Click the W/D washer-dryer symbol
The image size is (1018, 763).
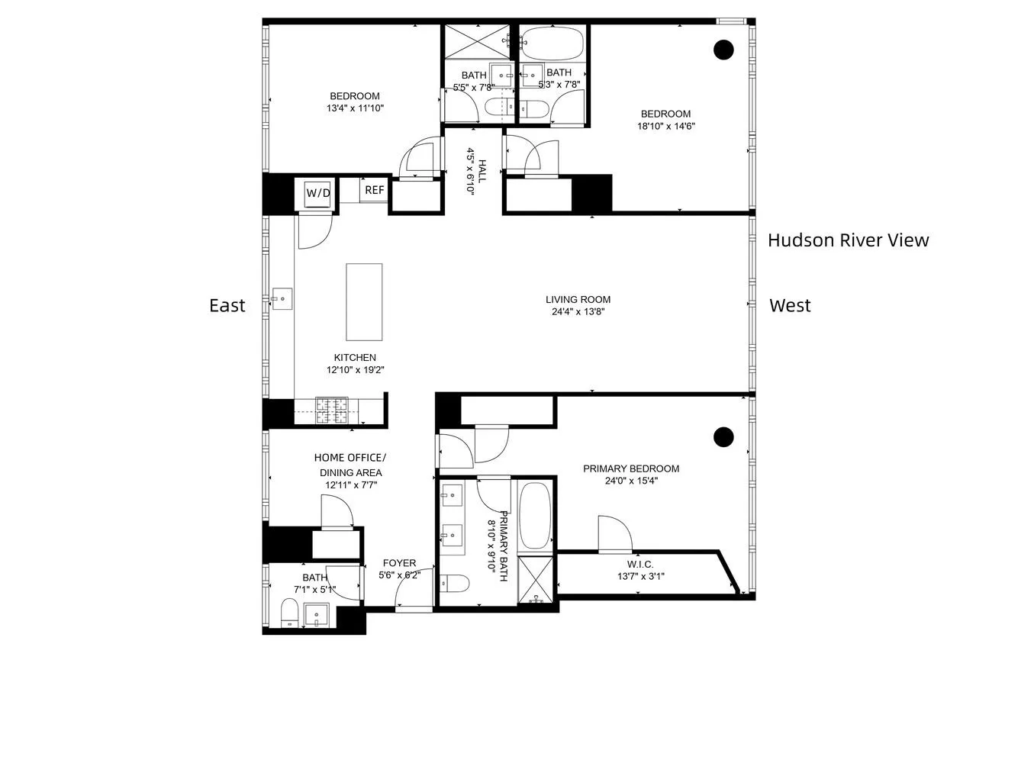pyautogui.click(x=318, y=193)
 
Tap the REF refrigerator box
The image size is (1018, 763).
pyautogui.click(x=374, y=190)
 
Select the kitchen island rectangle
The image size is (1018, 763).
pyautogui.click(x=364, y=302)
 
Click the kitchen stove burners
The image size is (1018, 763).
pyautogui.click(x=332, y=410)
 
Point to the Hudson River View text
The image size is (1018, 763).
pyautogui.click(x=849, y=240)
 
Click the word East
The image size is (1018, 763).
pyautogui.click(x=227, y=305)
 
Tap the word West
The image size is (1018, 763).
pyautogui.click(x=791, y=305)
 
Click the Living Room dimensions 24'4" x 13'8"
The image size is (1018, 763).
pyautogui.click(x=578, y=311)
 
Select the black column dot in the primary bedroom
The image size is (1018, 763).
pyautogui.click(x=723, y=436)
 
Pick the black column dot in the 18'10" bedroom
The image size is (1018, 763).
pyautogui.click(x=723, y=50)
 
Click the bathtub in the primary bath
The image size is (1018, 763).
pyautogui.click(x=535, y=516)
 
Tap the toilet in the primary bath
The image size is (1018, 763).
pyautogui.click(x=454, y=583)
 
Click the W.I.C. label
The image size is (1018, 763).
pyautogui.click(x=640, y=564)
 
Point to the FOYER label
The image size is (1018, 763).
pyautogui.click(x=399, y=563)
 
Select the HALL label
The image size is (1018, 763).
pyautogui.click(x=482, y=171)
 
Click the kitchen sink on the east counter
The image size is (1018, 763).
pyautogui.click(x=282, y=298)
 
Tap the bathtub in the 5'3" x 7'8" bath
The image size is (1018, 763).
pyautogui.click(x=552, y=43)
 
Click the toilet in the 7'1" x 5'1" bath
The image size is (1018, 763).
pyautogui.click(x=290, y=613)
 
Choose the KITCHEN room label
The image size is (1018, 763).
pyautogui.click(x=355, y=357)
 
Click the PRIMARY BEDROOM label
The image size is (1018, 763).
pyautogui.click(x=631, y=468)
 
